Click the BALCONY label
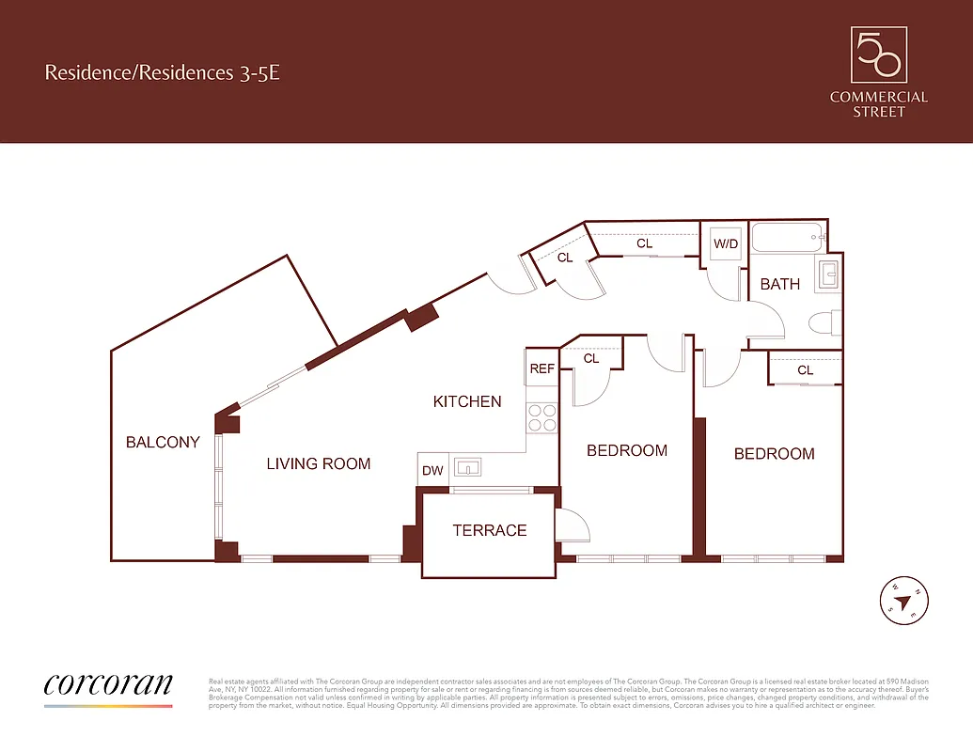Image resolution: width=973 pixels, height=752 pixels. [x=163, y=442]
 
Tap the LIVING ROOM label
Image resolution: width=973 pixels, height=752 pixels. [x=318, y=463]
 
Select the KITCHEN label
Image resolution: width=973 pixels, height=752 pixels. [x=467, y=401]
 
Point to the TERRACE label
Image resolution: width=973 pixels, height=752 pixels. [x=490, y=530]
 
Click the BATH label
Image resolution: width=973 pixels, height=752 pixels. [x=780, y=284]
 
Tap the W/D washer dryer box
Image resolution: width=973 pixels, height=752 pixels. [x=726, y=243]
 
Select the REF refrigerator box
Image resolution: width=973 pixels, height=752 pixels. [x=542, y=368]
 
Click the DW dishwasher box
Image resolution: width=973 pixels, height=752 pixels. [x=432, y=470]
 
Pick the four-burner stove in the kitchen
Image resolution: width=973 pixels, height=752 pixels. [x=542, y=416]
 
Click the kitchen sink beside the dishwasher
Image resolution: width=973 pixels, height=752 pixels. [x=467, y=467]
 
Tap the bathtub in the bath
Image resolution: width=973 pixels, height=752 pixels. [x=788, y=239]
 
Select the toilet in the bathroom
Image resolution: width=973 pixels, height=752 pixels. [x=824, y=323]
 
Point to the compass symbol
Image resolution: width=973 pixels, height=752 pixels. [x=904, y=599]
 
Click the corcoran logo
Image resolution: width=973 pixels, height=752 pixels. [x=108, y=684]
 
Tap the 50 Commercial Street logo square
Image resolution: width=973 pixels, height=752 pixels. [x=878, y=55]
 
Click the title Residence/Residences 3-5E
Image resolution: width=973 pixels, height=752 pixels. [x=162, y=72]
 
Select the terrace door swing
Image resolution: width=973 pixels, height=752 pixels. [x=572, y=525]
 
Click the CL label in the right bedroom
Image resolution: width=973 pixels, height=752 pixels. [x=806, y=370]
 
